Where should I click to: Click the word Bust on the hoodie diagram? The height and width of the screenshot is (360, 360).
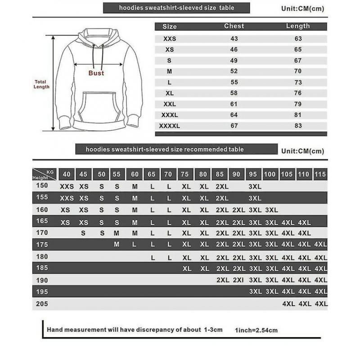(96, 73)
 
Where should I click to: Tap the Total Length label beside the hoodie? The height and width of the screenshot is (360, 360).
(41, 84)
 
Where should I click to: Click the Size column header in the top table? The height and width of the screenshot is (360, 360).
(170, 27)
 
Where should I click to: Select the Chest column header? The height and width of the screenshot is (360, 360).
(234, 26)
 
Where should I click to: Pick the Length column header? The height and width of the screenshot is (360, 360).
(298, 26)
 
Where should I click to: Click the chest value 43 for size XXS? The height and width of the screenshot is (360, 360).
(234, 39)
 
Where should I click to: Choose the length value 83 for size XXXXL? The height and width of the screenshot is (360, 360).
(298, 126)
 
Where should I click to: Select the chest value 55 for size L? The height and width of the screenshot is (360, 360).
(234, 82)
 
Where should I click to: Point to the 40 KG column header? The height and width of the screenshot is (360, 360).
(67, 174)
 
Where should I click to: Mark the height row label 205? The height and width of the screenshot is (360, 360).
(41, 304)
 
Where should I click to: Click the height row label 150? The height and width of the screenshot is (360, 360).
(41, 186)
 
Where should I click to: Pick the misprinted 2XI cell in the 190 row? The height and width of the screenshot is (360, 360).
(238, 280)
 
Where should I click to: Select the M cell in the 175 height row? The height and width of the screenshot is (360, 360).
(117, 244)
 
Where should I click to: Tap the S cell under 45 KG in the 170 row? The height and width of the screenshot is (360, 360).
(83, 233)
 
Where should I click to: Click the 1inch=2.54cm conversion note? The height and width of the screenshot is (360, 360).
(256, 330)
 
